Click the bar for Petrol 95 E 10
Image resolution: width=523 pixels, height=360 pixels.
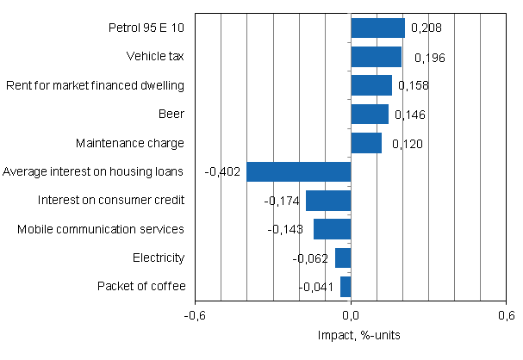pos(377,28)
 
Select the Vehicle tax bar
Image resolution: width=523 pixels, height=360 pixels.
pos(376,57)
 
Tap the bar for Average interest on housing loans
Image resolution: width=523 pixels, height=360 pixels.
pos(299,171)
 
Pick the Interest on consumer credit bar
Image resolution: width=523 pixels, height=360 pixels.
pos(328,201)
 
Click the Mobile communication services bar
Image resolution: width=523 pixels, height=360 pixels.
pos(333,229)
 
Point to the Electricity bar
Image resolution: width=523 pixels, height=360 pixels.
pos(343,258)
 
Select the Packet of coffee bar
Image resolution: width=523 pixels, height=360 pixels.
pos(346,286)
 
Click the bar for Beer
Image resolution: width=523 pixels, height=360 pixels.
pos(370,114)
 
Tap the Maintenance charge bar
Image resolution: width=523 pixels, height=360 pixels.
pos(366,143)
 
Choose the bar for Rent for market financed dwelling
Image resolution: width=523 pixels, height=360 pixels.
pos(371,85)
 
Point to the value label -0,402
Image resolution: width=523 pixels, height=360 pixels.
pos(221,172)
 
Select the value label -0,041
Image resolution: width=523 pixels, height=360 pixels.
pos(315,287)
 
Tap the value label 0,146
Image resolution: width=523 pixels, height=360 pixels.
pos(410,115)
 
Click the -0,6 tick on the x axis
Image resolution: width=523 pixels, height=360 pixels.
pos(196,315)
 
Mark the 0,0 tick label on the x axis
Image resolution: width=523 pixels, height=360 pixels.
pos(351,315)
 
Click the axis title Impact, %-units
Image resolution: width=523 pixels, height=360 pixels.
pos(351,334)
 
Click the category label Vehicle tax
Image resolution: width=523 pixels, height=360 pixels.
pos(155,57)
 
